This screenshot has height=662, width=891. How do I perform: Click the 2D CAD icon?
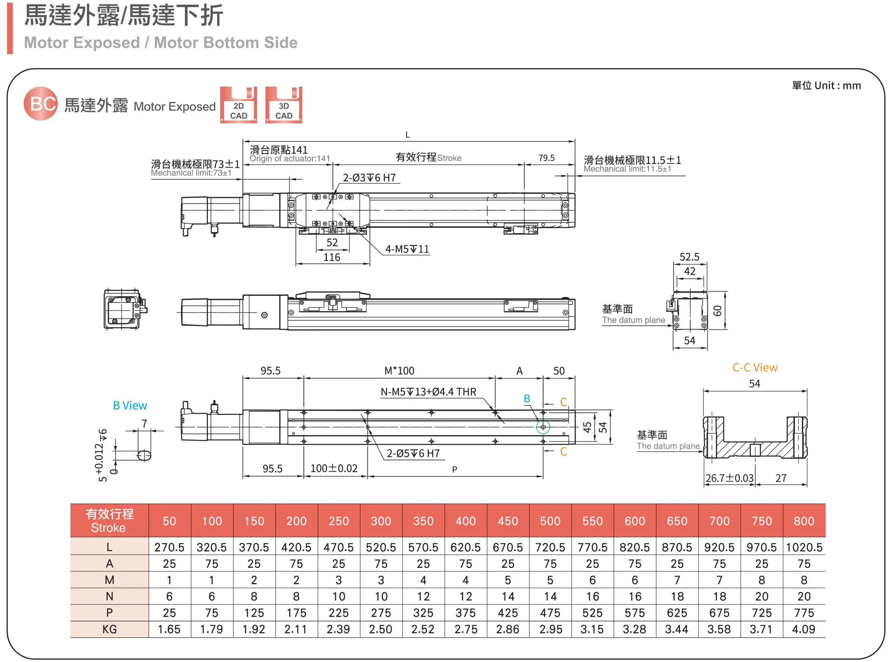[238, 105]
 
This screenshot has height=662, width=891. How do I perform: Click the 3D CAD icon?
[284, 105]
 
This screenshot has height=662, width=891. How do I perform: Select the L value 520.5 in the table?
[381, 547]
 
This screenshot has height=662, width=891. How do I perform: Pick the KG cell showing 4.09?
[803, 629]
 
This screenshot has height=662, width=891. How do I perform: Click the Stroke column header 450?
[508, 521]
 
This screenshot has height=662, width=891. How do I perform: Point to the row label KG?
[109, 629]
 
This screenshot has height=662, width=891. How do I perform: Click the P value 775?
[804, 613]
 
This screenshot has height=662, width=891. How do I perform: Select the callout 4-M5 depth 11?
[407, 249]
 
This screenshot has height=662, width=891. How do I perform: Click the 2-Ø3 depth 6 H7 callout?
[369, 178]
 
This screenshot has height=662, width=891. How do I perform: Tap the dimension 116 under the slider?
[332, 258]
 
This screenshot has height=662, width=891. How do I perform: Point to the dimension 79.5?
[546, 158]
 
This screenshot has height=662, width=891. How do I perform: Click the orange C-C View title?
[755, 368]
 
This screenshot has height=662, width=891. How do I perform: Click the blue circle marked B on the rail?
[543, 427]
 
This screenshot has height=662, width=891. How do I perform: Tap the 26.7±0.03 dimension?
[729, 479]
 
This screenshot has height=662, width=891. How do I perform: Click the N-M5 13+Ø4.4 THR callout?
[428, 392]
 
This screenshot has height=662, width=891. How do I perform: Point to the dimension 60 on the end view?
[717, 311]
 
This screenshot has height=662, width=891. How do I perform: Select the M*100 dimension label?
[399, 371]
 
